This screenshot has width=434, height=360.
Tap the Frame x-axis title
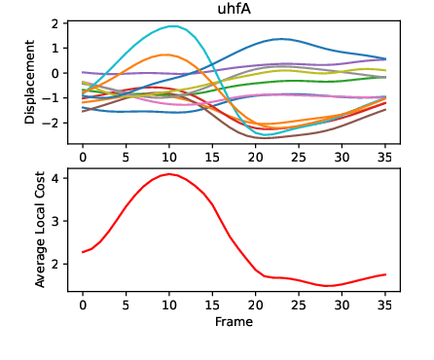[234, 320]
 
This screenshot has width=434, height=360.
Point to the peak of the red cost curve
[170, 174]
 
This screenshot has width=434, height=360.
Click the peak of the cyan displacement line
[172, 26]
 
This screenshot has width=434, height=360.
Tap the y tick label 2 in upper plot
[58, 23]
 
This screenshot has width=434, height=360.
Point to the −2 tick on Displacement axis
[55, 124]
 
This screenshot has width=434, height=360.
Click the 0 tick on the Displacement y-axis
[58, 73]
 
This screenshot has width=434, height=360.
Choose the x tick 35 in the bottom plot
[384, 303]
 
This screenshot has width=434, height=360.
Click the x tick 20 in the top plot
[255, 156]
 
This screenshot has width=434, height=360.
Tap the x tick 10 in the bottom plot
[169, 303]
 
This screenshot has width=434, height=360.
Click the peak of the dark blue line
[281, 39]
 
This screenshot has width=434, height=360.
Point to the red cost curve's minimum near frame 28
[329, 286]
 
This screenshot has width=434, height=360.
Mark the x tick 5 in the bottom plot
[126, 303]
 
